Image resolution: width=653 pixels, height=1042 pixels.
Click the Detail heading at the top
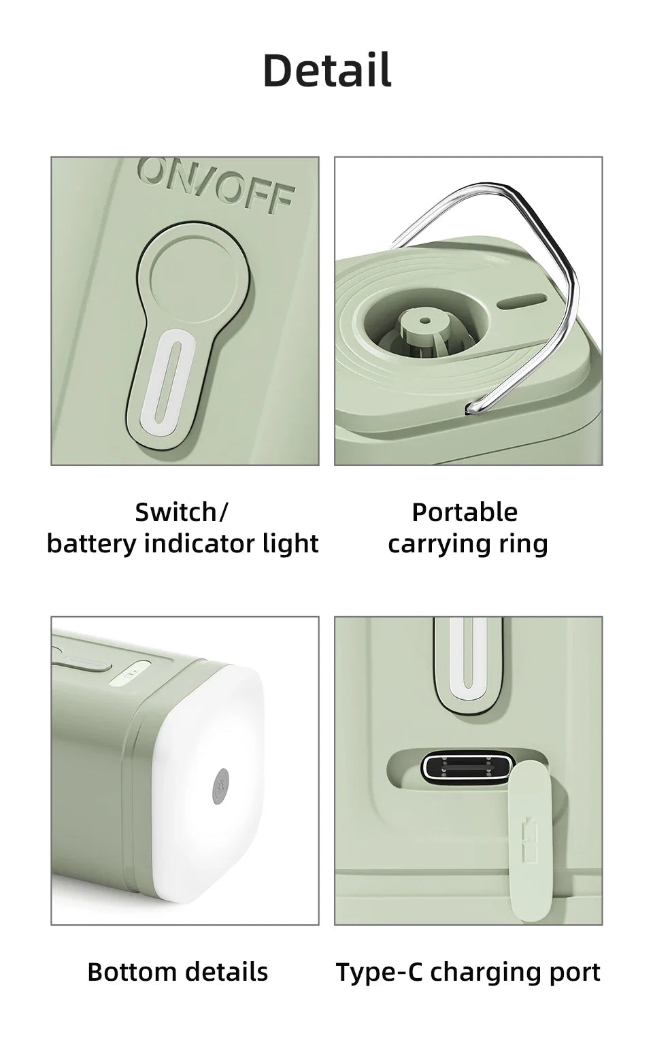pos(326,70)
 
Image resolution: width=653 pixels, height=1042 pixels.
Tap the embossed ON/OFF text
pos(217,183)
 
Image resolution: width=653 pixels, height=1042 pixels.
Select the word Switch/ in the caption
pos(182,511)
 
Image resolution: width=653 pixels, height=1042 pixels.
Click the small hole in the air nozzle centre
pos(426,318)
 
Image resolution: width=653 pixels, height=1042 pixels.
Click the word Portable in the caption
pos(465,511)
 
